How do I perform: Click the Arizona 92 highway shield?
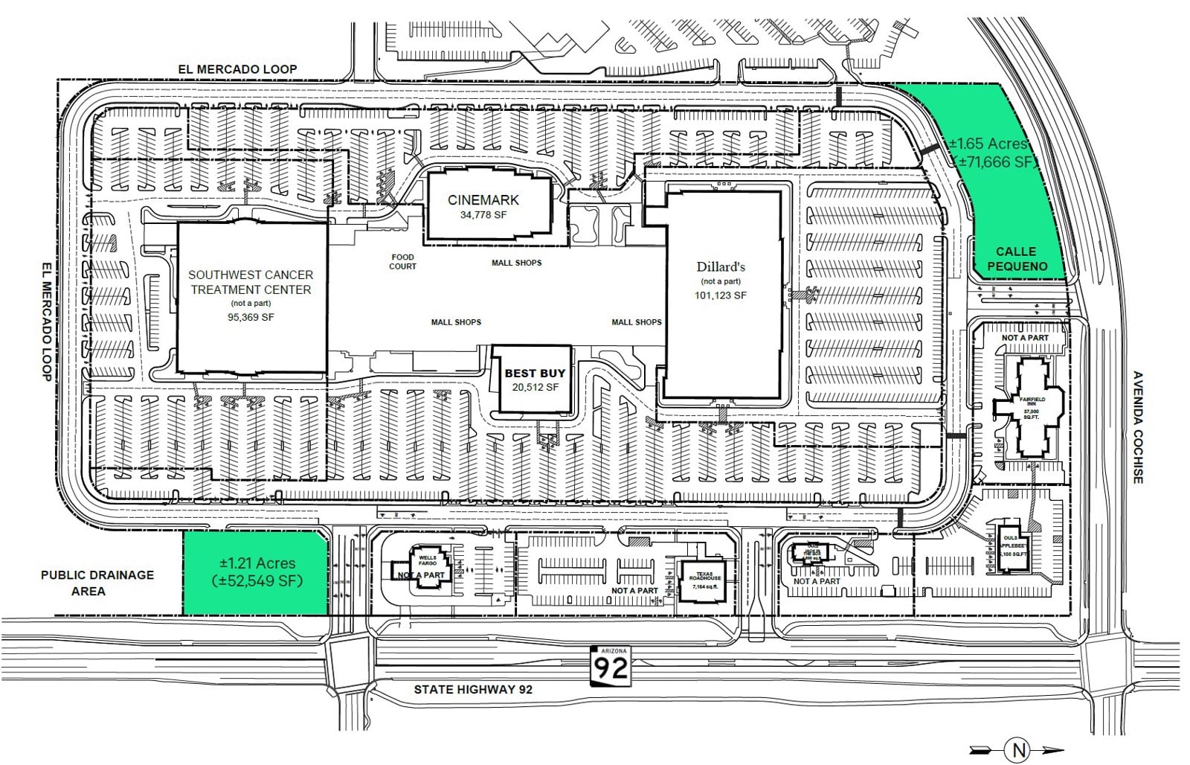pos(610,666)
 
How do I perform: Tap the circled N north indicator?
pos(1017,749)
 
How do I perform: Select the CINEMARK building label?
pos(483,199)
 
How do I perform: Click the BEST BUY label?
pos(535,373)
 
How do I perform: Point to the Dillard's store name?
pos(721,266)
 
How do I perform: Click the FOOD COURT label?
pos(402,262)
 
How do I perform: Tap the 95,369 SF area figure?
pos(251,317)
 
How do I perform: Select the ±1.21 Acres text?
pos(257,563)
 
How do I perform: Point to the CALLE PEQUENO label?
pos(1016,259)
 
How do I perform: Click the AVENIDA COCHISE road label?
pos(1137,427)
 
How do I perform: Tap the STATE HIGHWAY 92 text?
pos(473,689)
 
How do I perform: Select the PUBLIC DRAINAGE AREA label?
pos(97,583)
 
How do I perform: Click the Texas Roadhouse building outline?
pos(704,580)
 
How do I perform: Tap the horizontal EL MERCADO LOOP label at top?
pos(237,69)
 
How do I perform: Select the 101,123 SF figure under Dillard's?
pos(721,295)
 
